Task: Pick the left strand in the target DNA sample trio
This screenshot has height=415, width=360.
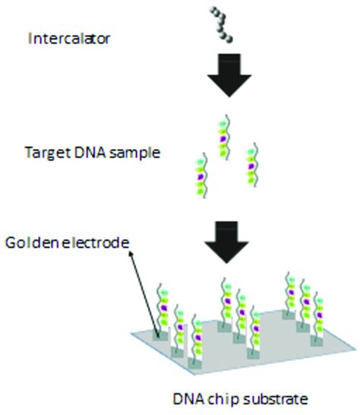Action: (202, 175)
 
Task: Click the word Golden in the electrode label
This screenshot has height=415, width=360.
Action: (30, 242)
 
